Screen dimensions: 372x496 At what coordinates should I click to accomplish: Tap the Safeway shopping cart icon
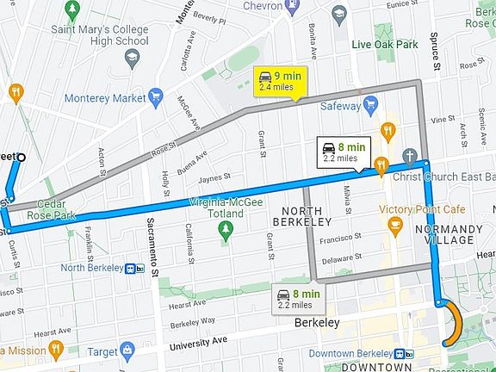(371, 106)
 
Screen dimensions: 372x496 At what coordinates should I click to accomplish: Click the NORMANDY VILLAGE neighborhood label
(444, 234)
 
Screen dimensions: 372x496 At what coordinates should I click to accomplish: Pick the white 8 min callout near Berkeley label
(298, 298)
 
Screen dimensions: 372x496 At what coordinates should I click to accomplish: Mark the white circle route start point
(22, 157)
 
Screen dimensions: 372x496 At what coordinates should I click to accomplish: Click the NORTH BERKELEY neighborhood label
(301, 215)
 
